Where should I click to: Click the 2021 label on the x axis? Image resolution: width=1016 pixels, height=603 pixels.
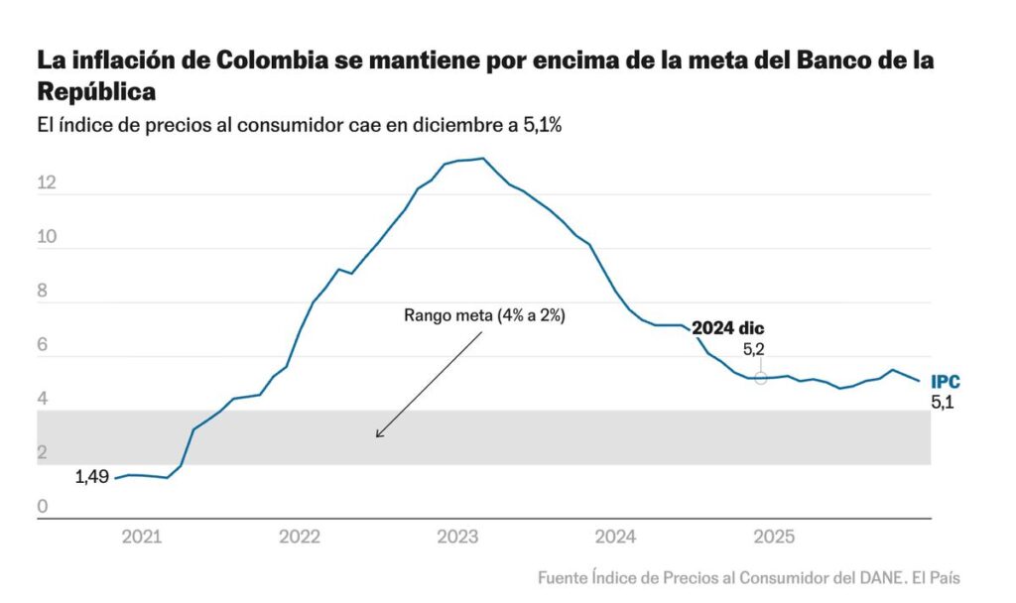click(x=141, y=537)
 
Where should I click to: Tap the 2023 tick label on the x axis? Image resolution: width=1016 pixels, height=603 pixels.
click(x=457, y=537)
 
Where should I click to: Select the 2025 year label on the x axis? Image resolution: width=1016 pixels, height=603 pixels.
click(x=774, y=537)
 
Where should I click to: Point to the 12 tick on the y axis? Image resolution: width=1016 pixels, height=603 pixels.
click(x=48, y=183)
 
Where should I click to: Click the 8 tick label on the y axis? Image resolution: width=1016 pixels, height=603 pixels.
click(x=43, y=292)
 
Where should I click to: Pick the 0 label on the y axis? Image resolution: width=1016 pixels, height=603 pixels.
click(x=43, y=508)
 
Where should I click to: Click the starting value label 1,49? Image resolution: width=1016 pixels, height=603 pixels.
click(x=91, y=477)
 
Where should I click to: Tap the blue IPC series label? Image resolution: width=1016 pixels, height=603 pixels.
click(x=945, y=382)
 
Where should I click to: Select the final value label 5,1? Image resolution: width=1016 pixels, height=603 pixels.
click(x=944, y=403)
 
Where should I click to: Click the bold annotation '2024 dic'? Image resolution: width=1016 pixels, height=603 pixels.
click(x=728, y=328)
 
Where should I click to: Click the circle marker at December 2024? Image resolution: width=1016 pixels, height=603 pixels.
click(x=761, y=378)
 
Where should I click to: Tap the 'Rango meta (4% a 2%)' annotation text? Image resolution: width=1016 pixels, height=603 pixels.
click(x=484, y=315)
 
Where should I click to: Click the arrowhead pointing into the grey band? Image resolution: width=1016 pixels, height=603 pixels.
click(x=378, y=434)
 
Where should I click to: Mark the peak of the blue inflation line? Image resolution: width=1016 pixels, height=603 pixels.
click(x=482, y=158)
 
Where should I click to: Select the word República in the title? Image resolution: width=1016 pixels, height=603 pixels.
click(x=96, y=91)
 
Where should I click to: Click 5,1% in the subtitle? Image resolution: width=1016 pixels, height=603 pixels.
click(x=542, y=126)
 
